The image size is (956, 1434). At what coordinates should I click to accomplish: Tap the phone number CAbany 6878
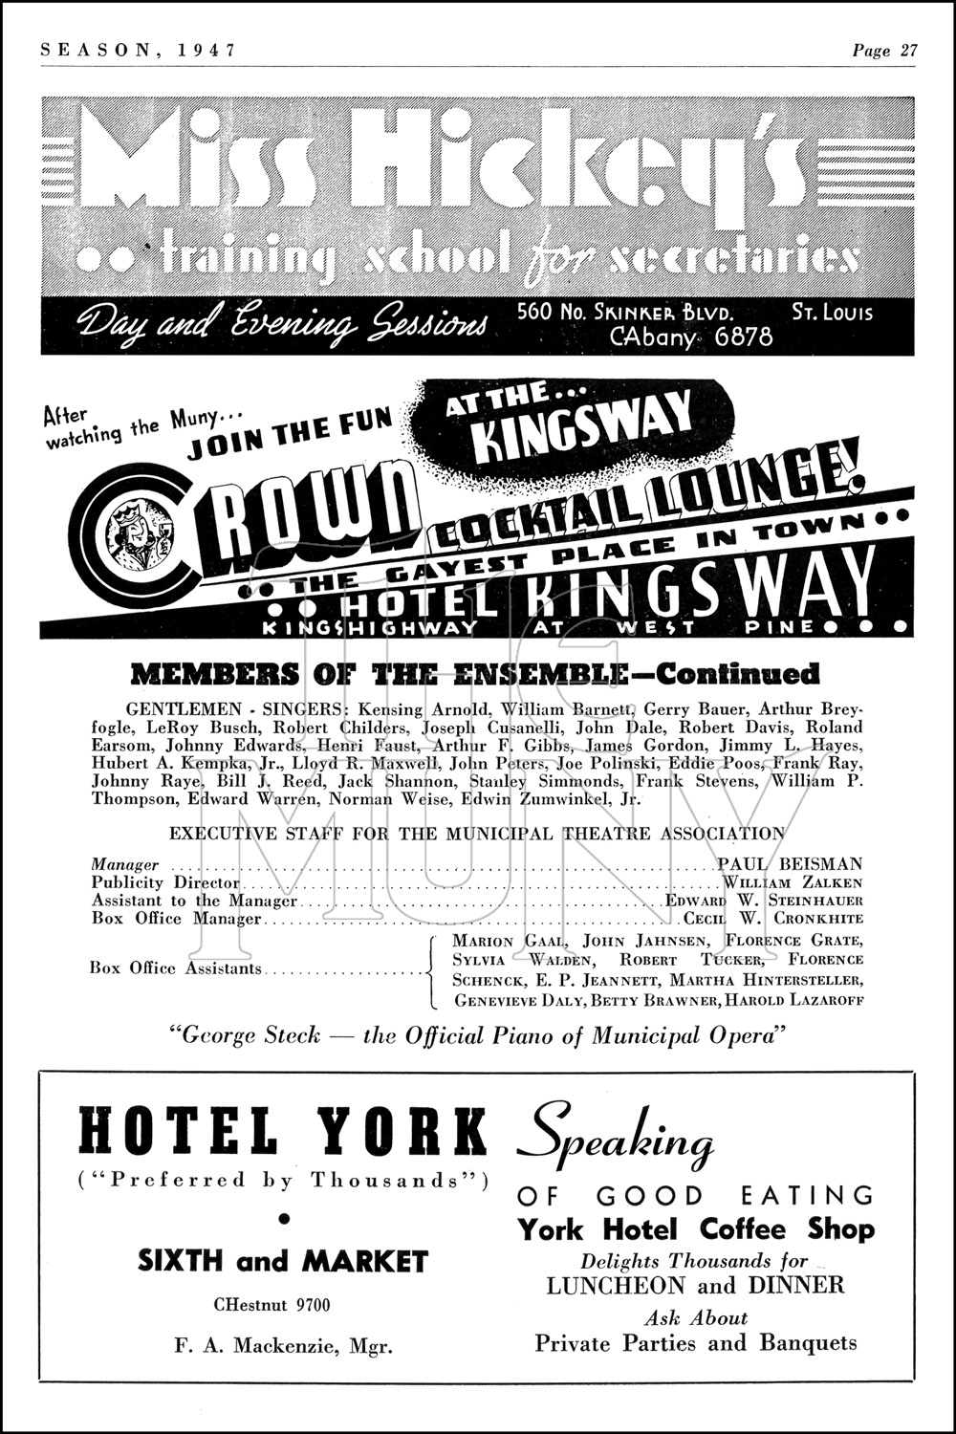point(690,336)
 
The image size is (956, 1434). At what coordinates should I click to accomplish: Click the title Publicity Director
point(165,882)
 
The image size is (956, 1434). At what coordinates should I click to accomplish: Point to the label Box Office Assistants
point(175,968)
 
